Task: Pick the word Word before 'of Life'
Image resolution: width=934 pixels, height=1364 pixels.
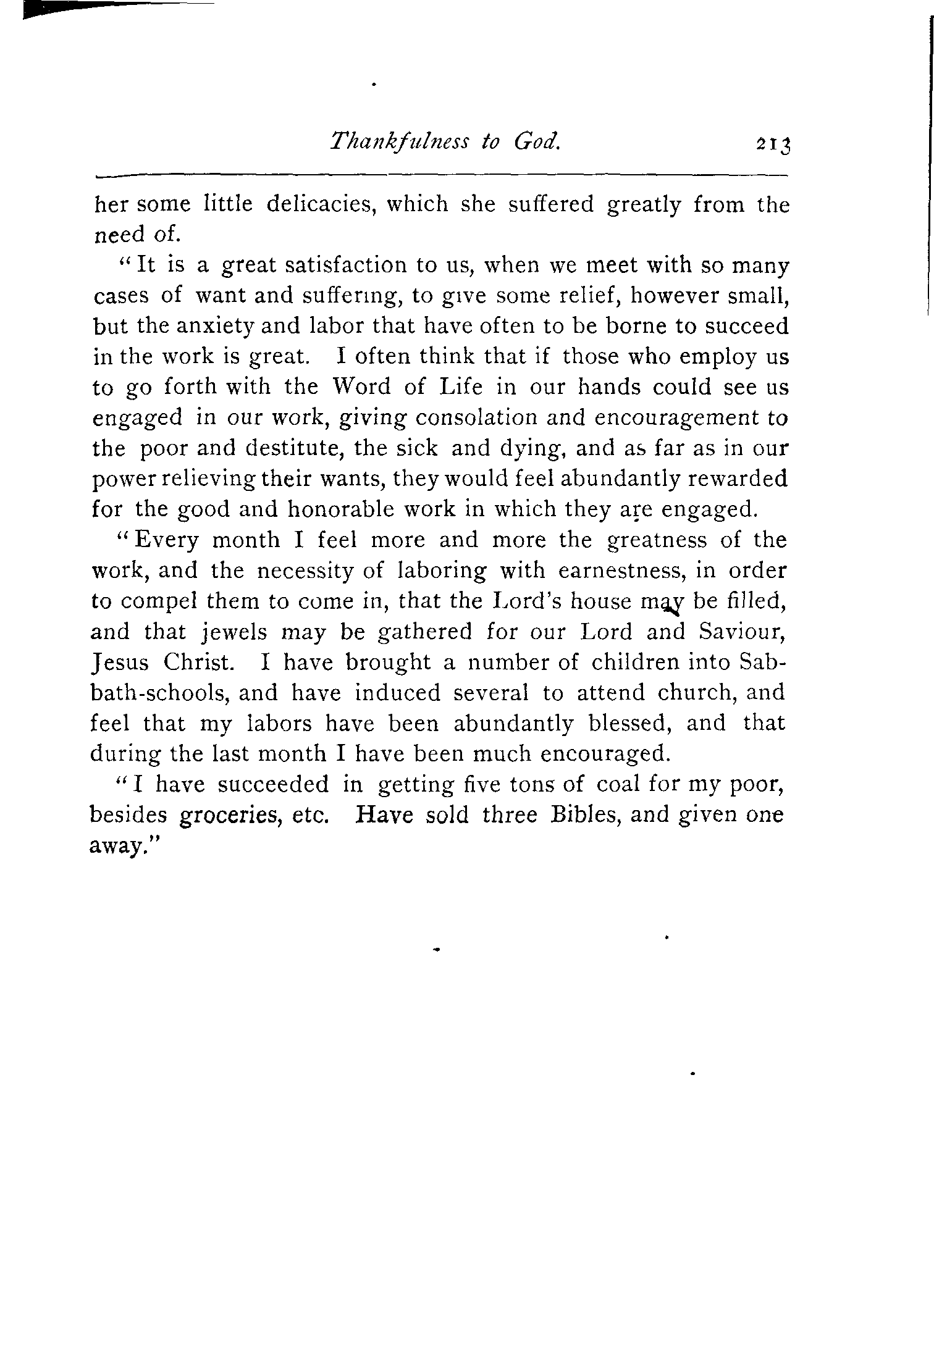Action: click(x=363, y=387)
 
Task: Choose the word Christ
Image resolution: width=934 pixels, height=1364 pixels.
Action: click(x=199, y=662)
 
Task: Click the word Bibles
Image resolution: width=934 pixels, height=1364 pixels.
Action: click(x=581, y=814)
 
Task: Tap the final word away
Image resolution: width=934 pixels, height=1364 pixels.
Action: click(x=120, y=846)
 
